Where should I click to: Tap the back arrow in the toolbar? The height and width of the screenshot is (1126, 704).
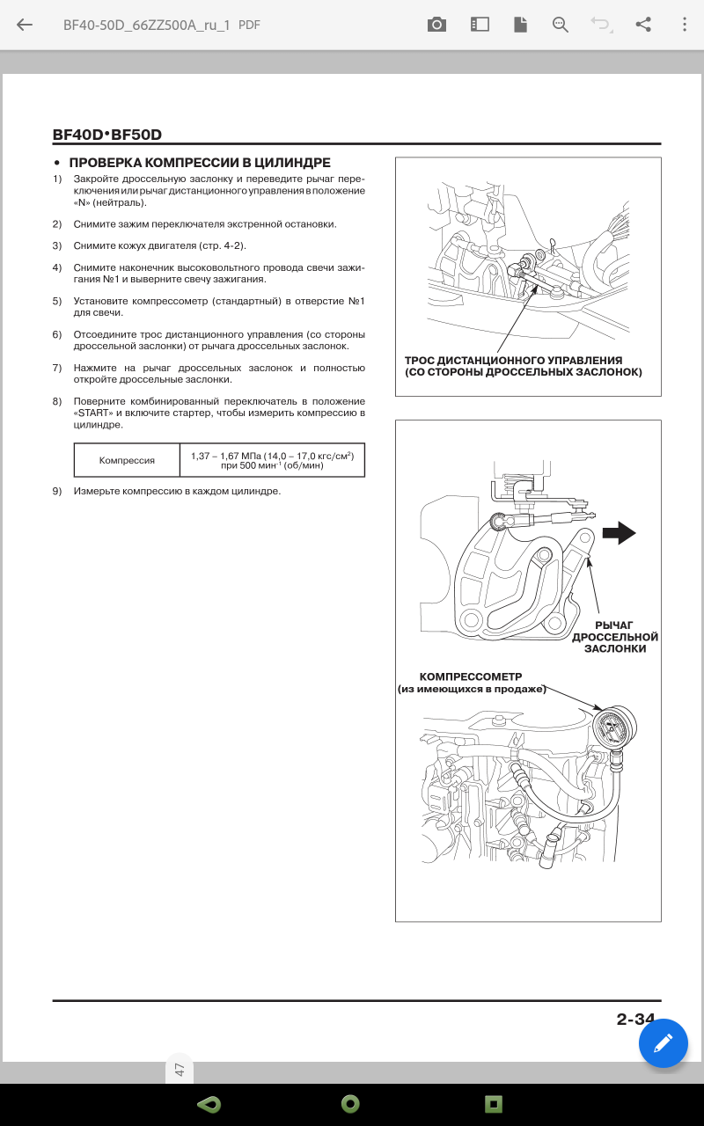click(x=25, y=25)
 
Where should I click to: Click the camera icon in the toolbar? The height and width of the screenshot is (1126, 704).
click(x=436, y=25)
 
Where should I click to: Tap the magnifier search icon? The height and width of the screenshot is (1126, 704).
click(x=561, y=25)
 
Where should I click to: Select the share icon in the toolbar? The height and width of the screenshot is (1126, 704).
click(x=643, y=25)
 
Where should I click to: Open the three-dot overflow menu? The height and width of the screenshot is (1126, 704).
click(x=685, y=25)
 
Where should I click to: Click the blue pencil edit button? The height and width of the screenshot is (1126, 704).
click(x=663, y=1043)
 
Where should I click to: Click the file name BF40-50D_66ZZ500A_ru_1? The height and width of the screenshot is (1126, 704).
click(x=146, y=25)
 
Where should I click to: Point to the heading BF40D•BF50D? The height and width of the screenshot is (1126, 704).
click(x=107, y=135)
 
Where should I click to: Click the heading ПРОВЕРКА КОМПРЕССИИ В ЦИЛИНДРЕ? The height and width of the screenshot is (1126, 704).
click(x=200, y=163)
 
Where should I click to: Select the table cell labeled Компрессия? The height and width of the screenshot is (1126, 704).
click(x=127, y=460)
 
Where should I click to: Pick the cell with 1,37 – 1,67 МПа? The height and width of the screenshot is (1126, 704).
click(x=272, y=460)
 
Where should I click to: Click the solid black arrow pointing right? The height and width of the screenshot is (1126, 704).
click(x=620, y=532)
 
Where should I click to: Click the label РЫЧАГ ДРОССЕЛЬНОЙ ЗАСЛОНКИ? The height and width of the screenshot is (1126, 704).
click(x=615, y=637)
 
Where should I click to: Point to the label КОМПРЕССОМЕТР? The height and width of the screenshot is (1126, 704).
click(x=471, y=676)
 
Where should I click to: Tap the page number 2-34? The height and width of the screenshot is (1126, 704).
click(x=635, y=1020)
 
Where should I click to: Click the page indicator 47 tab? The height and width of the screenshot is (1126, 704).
click(x=180, y=1070)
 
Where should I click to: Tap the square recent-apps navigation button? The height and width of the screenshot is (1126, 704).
click(x=493, y=1103)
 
